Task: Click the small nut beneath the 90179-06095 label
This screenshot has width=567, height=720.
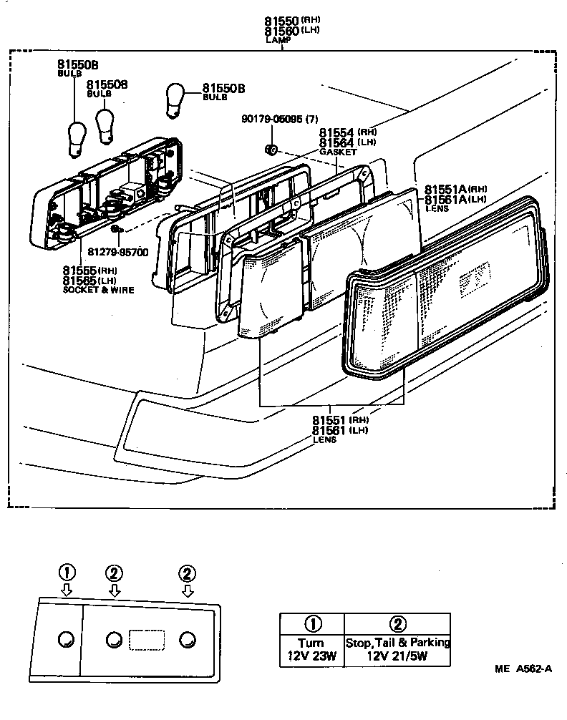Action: pyautogui.click(x=271, y=150)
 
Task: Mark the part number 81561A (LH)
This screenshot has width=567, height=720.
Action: pyautogui.click(x=445, y=199)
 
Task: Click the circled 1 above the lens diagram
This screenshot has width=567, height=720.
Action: pyautogui.click(x=66, y=572)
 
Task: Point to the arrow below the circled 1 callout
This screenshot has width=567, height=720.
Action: pyautogui.click(x=66, y=590)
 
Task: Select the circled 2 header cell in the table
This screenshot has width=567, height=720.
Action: pyautogui.click(x=398, y=623)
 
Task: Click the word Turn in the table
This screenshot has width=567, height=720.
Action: pyautogui.click(x=312, y=643)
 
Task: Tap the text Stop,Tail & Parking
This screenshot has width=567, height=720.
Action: pyautogui.click(x=398, y=643)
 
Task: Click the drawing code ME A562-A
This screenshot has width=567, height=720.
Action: pyautogui.click(x=523, y=669)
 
